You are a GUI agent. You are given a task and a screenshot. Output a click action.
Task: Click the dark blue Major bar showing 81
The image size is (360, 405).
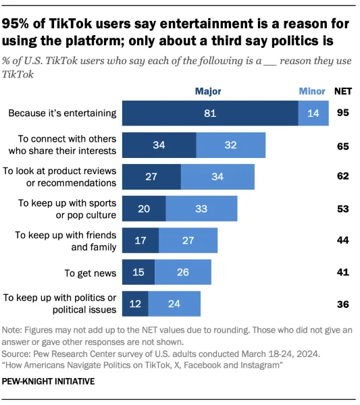[210, 113]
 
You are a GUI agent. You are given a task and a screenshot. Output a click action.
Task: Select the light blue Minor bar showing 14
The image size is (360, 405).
[313, 113]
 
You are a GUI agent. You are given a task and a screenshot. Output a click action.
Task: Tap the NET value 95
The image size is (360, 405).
[342, 113]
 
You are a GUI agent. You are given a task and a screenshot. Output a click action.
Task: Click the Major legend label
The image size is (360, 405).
[208, 91]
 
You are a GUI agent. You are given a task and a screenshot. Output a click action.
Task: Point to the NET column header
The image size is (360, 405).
[343, 91]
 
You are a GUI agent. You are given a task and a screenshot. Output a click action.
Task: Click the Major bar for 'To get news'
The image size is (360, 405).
[138, 273]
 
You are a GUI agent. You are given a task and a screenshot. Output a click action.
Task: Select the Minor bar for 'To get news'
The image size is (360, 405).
[182, 273]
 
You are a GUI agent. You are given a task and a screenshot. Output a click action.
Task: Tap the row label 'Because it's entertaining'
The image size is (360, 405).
[62, 113]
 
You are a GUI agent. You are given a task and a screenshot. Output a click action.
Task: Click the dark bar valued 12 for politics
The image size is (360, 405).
[135, 304]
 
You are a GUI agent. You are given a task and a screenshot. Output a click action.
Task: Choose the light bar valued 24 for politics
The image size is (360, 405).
[174, 304]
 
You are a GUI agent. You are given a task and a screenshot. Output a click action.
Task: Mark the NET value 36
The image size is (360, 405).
[342, 304]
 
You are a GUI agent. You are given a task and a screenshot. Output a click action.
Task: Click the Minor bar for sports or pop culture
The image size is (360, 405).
[201, 209]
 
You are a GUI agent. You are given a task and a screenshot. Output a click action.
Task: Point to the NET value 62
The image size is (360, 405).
[342, 177]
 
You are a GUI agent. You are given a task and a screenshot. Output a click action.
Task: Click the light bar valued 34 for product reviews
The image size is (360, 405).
[217, 177]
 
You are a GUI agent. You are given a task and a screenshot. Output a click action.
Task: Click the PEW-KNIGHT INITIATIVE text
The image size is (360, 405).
[49, 381]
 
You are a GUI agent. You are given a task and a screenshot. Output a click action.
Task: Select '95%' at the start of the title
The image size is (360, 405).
[18, 24]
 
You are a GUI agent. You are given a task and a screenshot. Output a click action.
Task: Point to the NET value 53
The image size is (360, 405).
[342, 209]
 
